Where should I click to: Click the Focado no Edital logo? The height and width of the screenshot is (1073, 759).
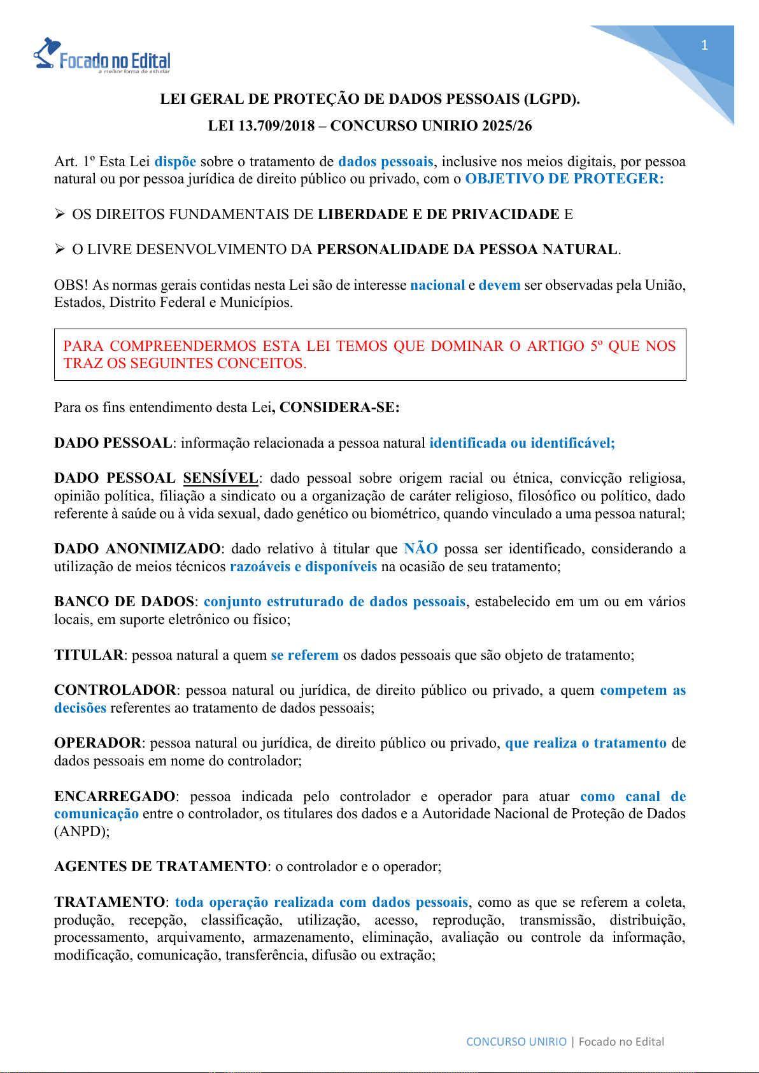tap(102, 56)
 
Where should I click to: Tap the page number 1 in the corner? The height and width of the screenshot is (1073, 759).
tap(704, 45)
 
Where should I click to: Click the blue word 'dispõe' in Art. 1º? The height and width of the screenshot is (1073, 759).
tap(175, 162)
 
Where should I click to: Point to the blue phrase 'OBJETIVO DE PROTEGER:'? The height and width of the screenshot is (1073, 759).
tap(564, 179)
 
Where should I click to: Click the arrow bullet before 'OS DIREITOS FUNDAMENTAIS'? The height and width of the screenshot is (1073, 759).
tap(60, 215)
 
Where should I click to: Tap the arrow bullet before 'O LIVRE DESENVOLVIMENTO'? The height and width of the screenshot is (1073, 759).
tap(60, 250)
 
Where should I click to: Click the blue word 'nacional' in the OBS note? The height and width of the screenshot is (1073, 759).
tap(437, 285)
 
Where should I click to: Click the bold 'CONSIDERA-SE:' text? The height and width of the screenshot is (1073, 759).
tap(339, 408)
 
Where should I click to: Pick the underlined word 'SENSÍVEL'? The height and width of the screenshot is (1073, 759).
tap(220, 478)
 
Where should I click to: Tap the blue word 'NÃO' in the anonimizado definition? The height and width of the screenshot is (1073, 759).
tap(421, 549)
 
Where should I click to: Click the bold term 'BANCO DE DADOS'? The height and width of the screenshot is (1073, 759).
tap(124, 602)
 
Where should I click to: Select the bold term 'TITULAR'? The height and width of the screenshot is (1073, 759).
tap(89, 655)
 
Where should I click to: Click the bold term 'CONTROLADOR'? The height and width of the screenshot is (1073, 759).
tap(115, 690)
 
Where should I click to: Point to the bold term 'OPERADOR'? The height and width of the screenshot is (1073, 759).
tap(97, 743)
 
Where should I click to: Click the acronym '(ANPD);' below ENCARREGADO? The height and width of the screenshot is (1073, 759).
tap(82, 832)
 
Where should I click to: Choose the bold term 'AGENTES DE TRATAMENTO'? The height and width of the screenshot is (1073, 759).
tap(160, 867)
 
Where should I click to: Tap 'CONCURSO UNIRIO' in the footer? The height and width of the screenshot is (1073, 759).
tap(516, 1042)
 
